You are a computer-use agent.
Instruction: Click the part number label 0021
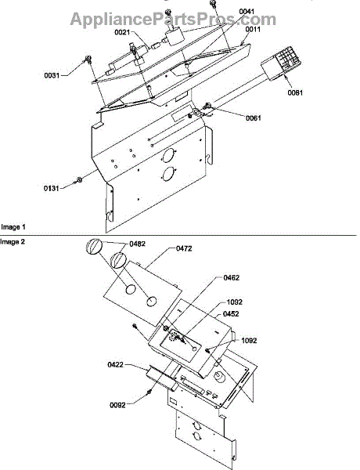point(123,32)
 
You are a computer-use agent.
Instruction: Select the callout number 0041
point(247,12)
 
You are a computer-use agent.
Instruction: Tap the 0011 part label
point(253,30)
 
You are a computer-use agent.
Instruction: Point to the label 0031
point(52,75)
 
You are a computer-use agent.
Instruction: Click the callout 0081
point(295,93)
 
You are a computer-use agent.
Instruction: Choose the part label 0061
point(254,118)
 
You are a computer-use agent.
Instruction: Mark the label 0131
point(51,189)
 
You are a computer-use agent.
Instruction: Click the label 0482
point(138,244)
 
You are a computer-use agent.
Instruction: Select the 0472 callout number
point(184,248)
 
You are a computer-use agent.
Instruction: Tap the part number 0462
point(232,278)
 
